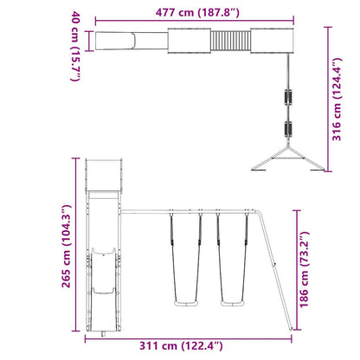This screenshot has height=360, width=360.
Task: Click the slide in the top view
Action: pos(126,41)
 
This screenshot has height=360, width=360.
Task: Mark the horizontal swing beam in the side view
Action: pos(212,209)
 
